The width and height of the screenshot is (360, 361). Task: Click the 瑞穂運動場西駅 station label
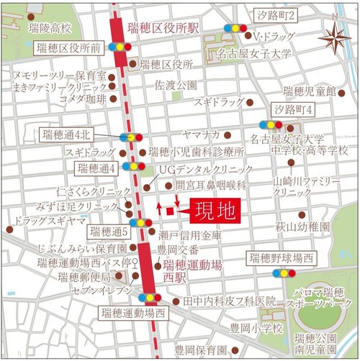[189, 271]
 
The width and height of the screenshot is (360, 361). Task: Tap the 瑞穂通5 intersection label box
[109, 232]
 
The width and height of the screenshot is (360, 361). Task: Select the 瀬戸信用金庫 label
[192, 236]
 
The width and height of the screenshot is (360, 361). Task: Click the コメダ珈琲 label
[83, 99]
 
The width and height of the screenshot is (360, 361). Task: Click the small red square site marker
[171, 211]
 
